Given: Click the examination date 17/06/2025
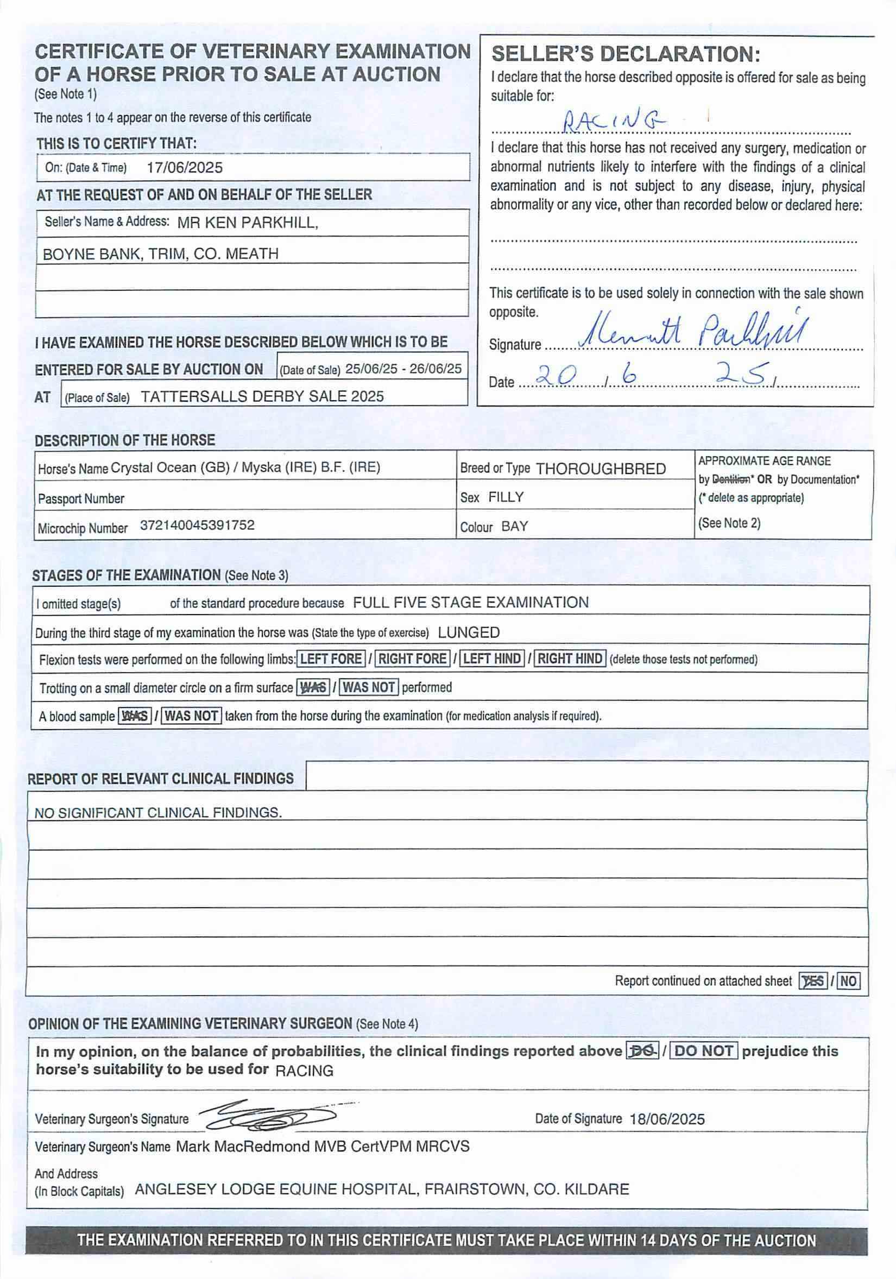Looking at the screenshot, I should click(x=185, y=168).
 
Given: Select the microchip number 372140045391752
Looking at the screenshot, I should click(x=197, y=525).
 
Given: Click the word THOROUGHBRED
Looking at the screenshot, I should click(x=601, y=468).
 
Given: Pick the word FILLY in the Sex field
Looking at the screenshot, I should click(x=506, y=497).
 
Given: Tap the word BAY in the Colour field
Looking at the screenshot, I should click(x=514, y=527).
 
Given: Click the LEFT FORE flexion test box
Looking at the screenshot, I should click(x=331, y=659).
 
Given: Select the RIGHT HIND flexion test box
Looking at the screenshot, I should click(x=570, y=659).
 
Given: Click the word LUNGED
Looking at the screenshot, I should click(x=469, y=632).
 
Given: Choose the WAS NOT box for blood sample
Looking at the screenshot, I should click(x=192, y=716).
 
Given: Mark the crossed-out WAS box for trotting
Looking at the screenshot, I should click(x=313, y=687).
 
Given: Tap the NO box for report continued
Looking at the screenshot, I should click(x=848, y=981).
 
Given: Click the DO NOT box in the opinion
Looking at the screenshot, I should click(x=704, y=1051).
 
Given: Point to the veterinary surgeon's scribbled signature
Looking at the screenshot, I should click(x=268, y=1115).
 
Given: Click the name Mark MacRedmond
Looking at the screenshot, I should click(x=242, y=1147).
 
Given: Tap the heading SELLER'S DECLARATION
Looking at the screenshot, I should click(x=626, y=54).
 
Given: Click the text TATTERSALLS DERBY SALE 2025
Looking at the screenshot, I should click(x=262, y=396).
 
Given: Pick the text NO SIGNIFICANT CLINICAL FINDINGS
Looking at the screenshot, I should click(x=158, y=813).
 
